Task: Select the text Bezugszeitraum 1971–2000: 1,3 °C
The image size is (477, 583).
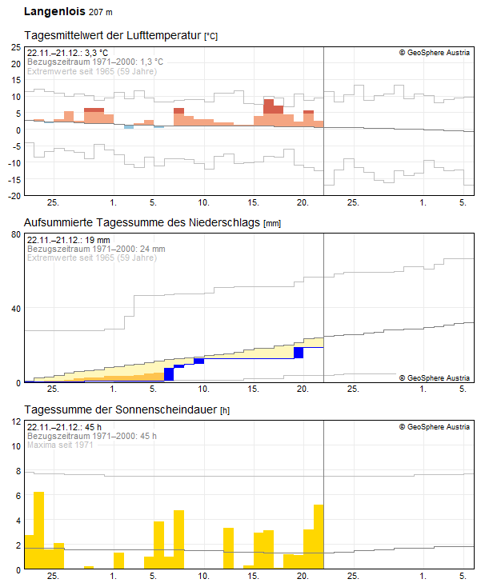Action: [x=95, y=62]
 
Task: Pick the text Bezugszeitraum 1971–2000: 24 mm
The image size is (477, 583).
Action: [x=96, y=249]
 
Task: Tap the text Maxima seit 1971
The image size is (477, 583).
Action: [x=60, y=445]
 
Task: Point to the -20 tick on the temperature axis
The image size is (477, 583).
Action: [x=14, y=195]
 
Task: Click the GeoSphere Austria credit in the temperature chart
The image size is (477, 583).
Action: [x=435, y=53]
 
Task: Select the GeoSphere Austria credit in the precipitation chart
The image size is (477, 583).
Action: [x=435, y=377]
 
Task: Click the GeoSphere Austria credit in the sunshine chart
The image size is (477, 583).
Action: [x=435, y=427]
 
